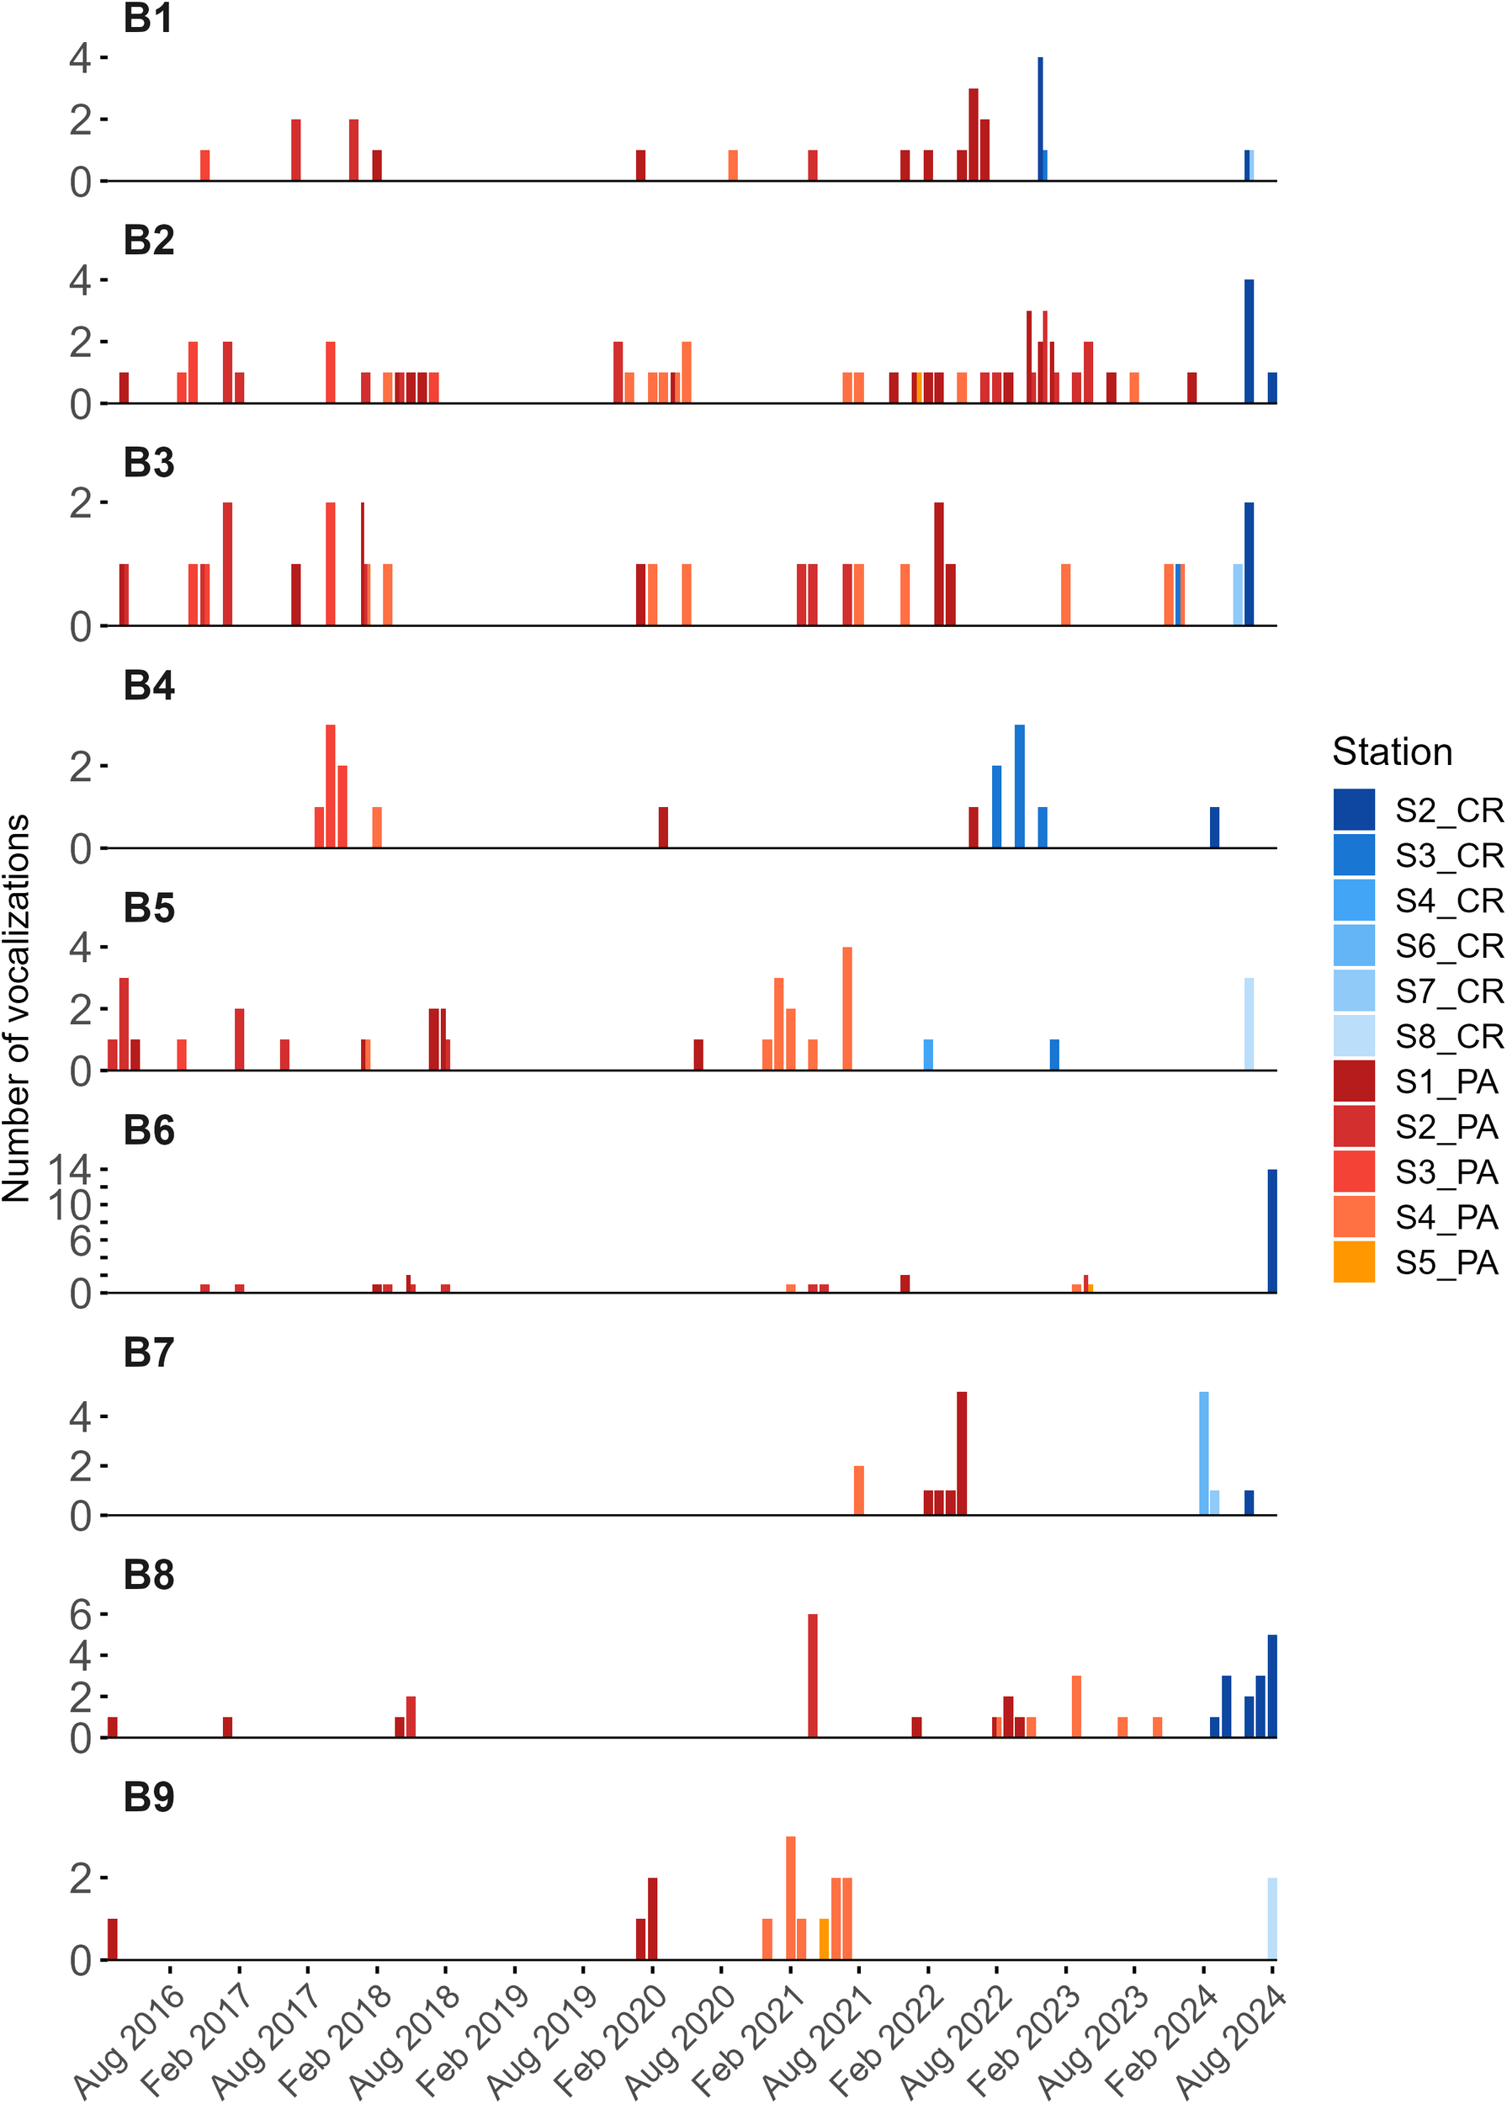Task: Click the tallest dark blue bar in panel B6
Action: coord(1271,1230)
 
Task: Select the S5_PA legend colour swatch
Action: coord(1353,1262)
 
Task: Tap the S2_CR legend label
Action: coord(1449,810)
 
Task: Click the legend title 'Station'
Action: coord(1391,752)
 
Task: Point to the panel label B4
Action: coord(148,686)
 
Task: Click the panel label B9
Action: coord(148,1797)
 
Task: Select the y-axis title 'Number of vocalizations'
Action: coord(17,1008)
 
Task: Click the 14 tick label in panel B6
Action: coord(71,1170)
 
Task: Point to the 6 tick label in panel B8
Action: coord(80,1615)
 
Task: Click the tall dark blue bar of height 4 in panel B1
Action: coord(1040,119)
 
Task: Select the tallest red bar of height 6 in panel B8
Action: coord(812,1676)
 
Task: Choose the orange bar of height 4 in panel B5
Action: coord(846,1008)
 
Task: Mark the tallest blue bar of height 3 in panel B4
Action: coord(1019,786)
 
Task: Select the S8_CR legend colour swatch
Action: coord(1353,1036)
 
